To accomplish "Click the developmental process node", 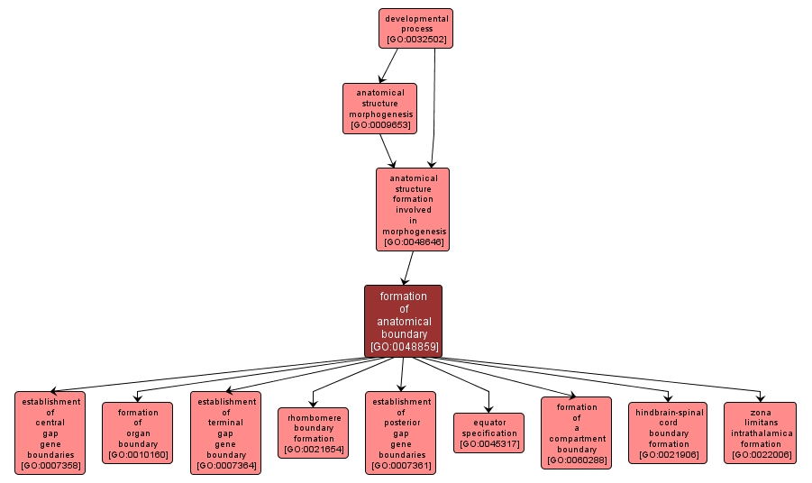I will pyautogui.click(x=415, y=28).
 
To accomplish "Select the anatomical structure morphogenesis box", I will pyautogui.click(x=379, y=108).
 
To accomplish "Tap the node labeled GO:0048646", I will pyautogui.click(x=413, y=209).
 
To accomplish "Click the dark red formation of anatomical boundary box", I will pyautogui.click(x=403, y=321).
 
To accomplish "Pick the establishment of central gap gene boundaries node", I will pyautogui.click(x=50, y=433).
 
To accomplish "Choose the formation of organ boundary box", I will pyautogui.click(x=138, y=433).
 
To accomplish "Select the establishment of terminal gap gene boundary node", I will pyautogui.click(x=226, y=433).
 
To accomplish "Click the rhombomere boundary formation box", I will pyautogui.click(x=314, y=433).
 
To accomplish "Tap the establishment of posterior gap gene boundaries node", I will pyautogui.click(x=400, y=433).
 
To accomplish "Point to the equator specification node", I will pyautogui.click(x=488, y=433).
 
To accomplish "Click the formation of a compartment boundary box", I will pyautogui.click(x=577, y=433).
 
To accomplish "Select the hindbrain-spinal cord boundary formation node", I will pyautogui.click(x=669, y=433).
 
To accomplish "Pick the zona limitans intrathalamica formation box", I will pyautogui.click(x=760, y=433).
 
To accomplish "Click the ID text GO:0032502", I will pyautogui.click(x=415, y=40).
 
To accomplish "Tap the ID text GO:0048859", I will pyautogui.click(x=403, y=346).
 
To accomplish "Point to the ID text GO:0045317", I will pyautogui.click(x=488, y=444).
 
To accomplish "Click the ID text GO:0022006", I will pyautogui.click(x=760, y=454).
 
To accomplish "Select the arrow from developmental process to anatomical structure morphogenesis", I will pyautogui.click(x=388, y=65).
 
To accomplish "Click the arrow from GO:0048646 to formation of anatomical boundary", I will pyautogui.click(x=409, y=269).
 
